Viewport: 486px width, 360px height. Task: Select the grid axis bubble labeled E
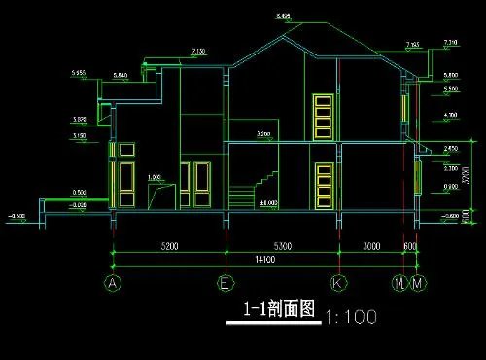226,284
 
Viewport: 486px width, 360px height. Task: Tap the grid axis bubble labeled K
338,284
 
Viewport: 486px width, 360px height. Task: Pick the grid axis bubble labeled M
418,284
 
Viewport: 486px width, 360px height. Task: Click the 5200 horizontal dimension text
169,247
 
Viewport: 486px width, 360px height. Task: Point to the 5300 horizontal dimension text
282,247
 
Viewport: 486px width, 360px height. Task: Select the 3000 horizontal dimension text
370,247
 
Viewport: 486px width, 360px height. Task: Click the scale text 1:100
349,317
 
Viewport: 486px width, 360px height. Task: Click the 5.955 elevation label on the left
80,73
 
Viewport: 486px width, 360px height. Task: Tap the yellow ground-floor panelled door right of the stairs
323,185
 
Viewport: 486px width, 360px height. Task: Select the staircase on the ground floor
256,189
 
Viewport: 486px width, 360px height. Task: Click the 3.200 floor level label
262,133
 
